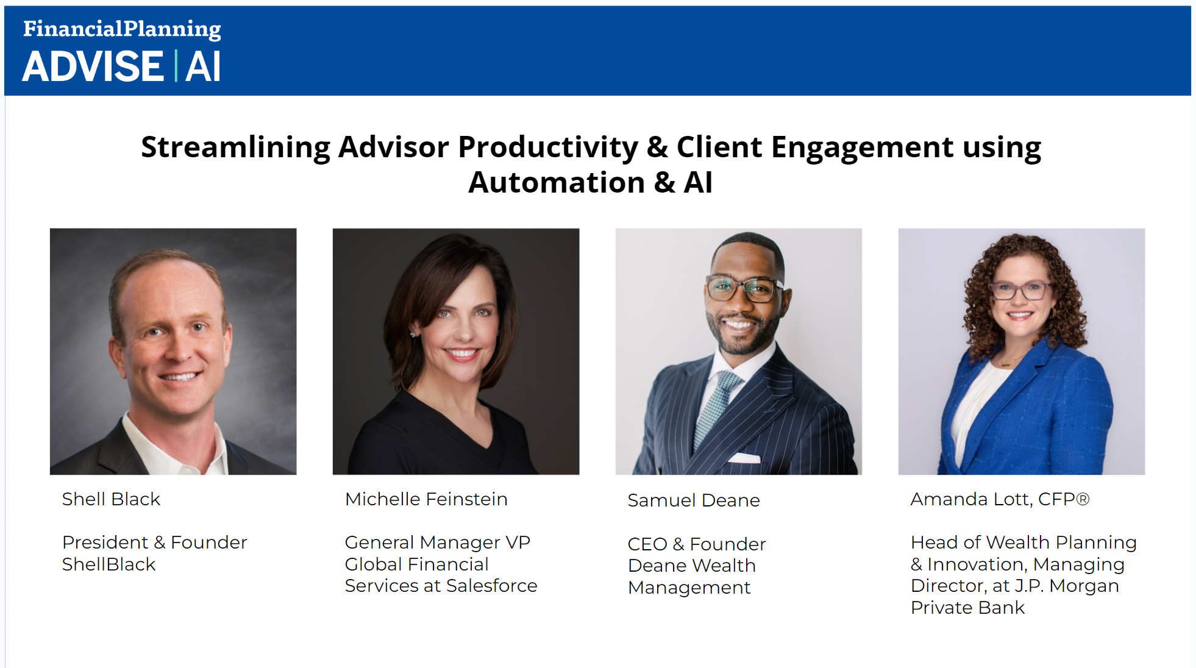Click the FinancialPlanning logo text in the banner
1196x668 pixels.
point(122,29)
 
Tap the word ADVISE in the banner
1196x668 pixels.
point(93,66)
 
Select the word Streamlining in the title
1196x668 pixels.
point(235,147)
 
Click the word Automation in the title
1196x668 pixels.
point(557,182)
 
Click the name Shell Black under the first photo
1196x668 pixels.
point(111,499)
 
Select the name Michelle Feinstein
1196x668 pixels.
point(426,499)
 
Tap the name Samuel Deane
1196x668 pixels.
point(694,500)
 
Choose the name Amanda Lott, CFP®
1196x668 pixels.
point(1000,499)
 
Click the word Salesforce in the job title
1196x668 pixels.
point(492,586)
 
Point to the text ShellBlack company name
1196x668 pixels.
point(109,564)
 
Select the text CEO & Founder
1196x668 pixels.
point(697,544)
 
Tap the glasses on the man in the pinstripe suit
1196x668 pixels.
point(744,288)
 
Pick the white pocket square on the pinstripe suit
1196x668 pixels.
point(744,458)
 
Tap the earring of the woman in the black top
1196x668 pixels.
point(413,335)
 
